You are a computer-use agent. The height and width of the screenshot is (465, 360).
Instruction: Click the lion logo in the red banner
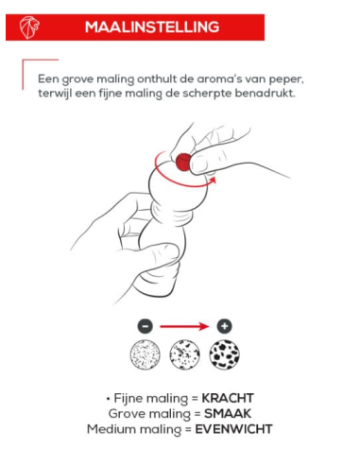(x=29, y=27)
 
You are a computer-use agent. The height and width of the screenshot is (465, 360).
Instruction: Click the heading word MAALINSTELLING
(x=152, y=27)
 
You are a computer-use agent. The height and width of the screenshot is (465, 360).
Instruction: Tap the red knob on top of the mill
(x=183, y=163)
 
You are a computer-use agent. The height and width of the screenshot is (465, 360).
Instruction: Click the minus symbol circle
(x=146, y=326)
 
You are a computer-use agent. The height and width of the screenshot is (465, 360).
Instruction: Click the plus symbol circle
(x=224, y=326)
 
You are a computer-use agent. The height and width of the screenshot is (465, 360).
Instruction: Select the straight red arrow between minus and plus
(x=184, y=326)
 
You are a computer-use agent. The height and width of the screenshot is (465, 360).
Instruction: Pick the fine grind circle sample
(x=146, y=354)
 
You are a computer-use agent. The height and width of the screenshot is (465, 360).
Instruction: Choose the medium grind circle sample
(x=184, y=354)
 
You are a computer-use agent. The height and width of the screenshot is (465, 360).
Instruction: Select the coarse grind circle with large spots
(x=224, y=354)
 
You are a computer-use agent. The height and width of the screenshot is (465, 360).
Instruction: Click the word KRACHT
(x=228, y=398)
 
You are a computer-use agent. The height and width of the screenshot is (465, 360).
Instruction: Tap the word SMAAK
(x=228, y=414)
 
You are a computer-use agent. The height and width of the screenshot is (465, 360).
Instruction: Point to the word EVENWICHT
(x=233, y=429)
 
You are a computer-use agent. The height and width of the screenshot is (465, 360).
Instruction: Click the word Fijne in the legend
(x=129, y=399)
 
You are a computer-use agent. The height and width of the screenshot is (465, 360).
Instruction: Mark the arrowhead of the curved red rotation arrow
(x=213, y=181)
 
